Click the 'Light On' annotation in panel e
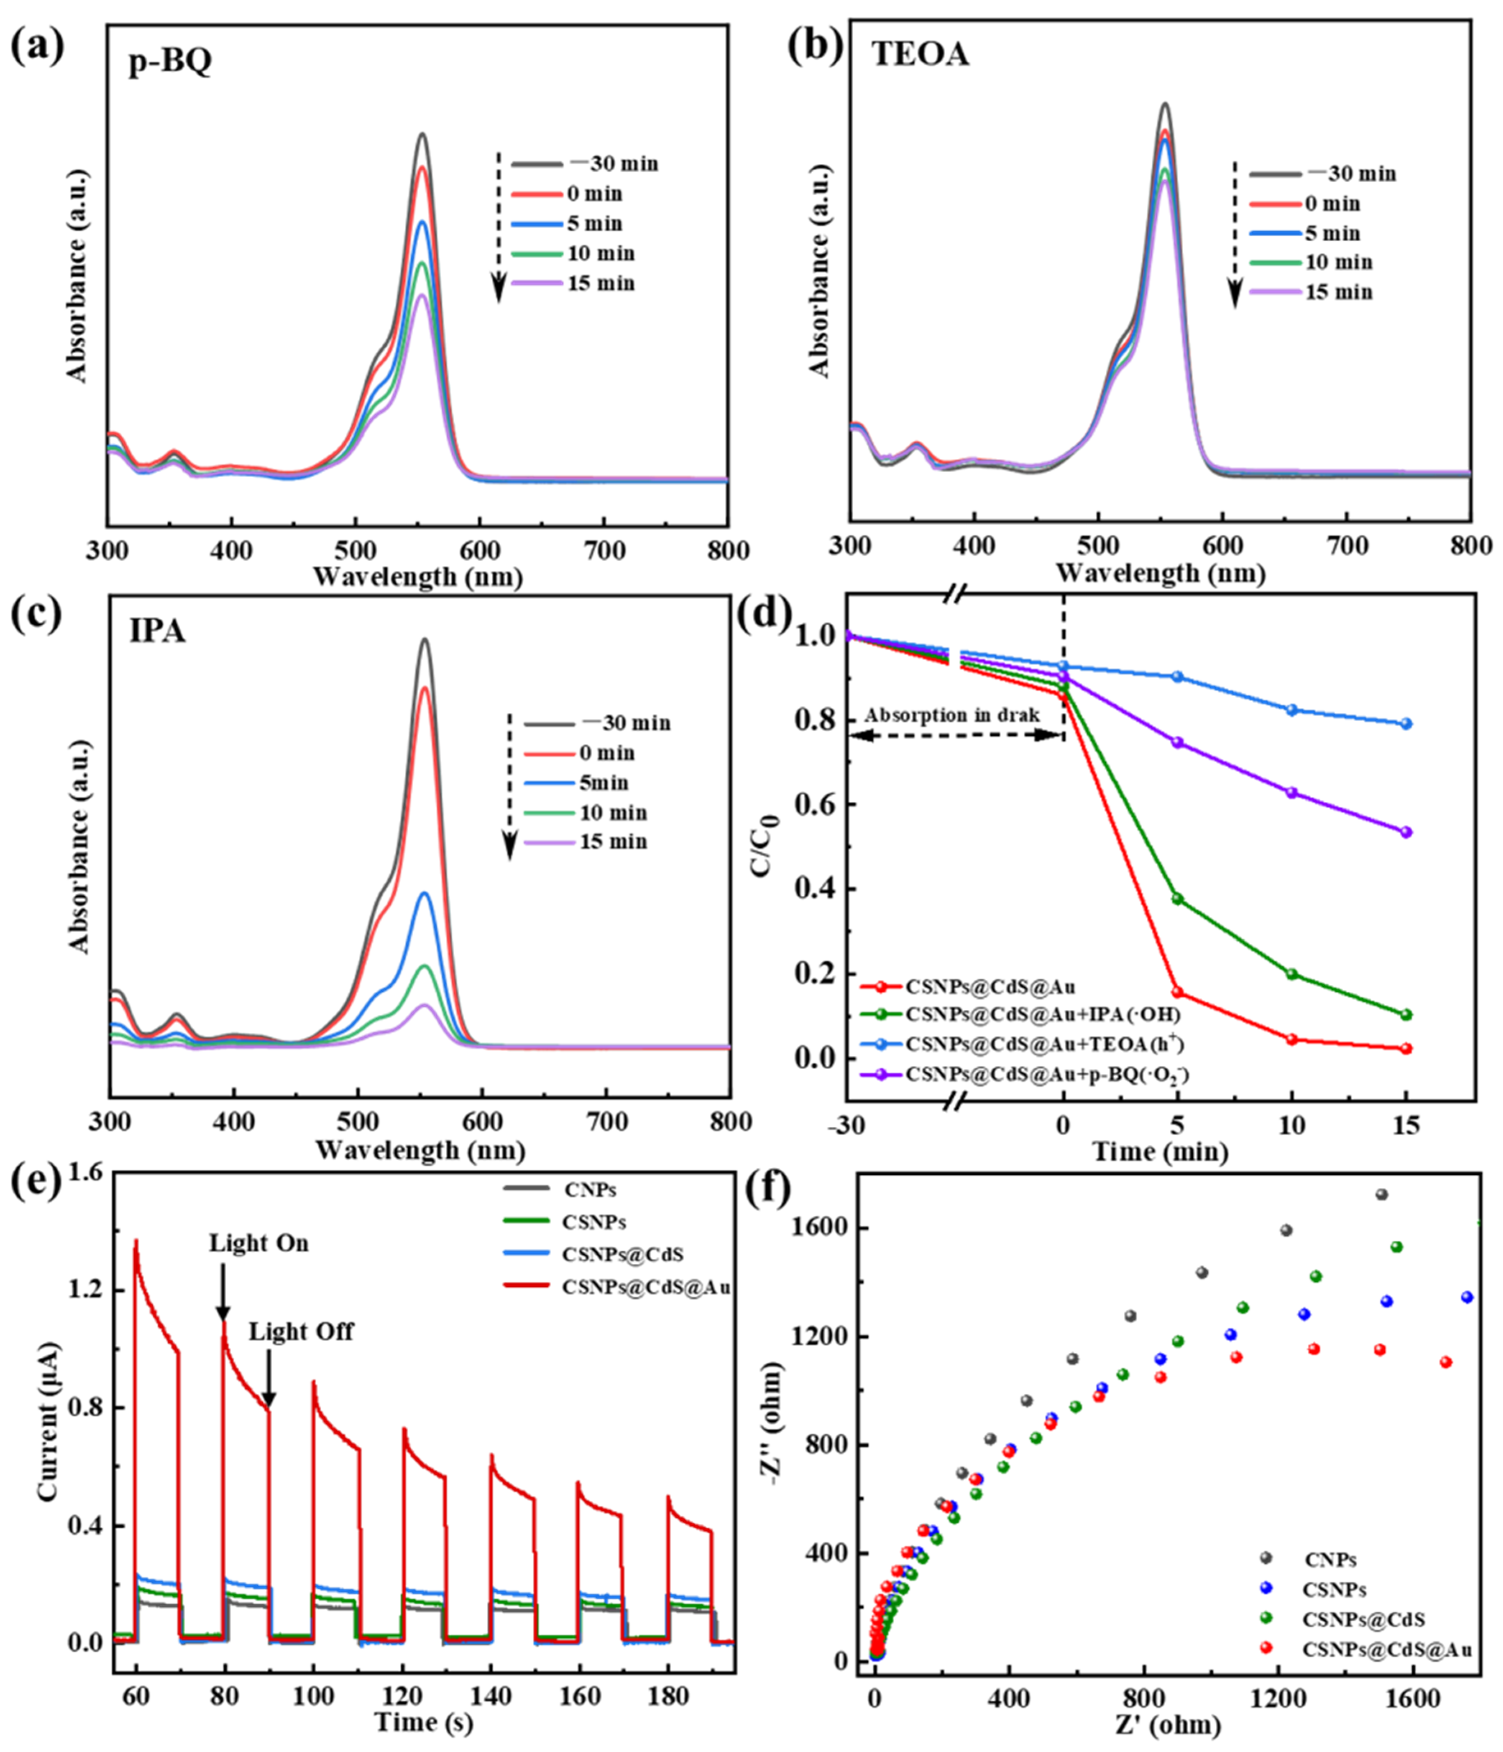pyautogui.click(x=259, y=1243)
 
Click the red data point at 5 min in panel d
pyautogui.click(x=1177, y=992)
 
